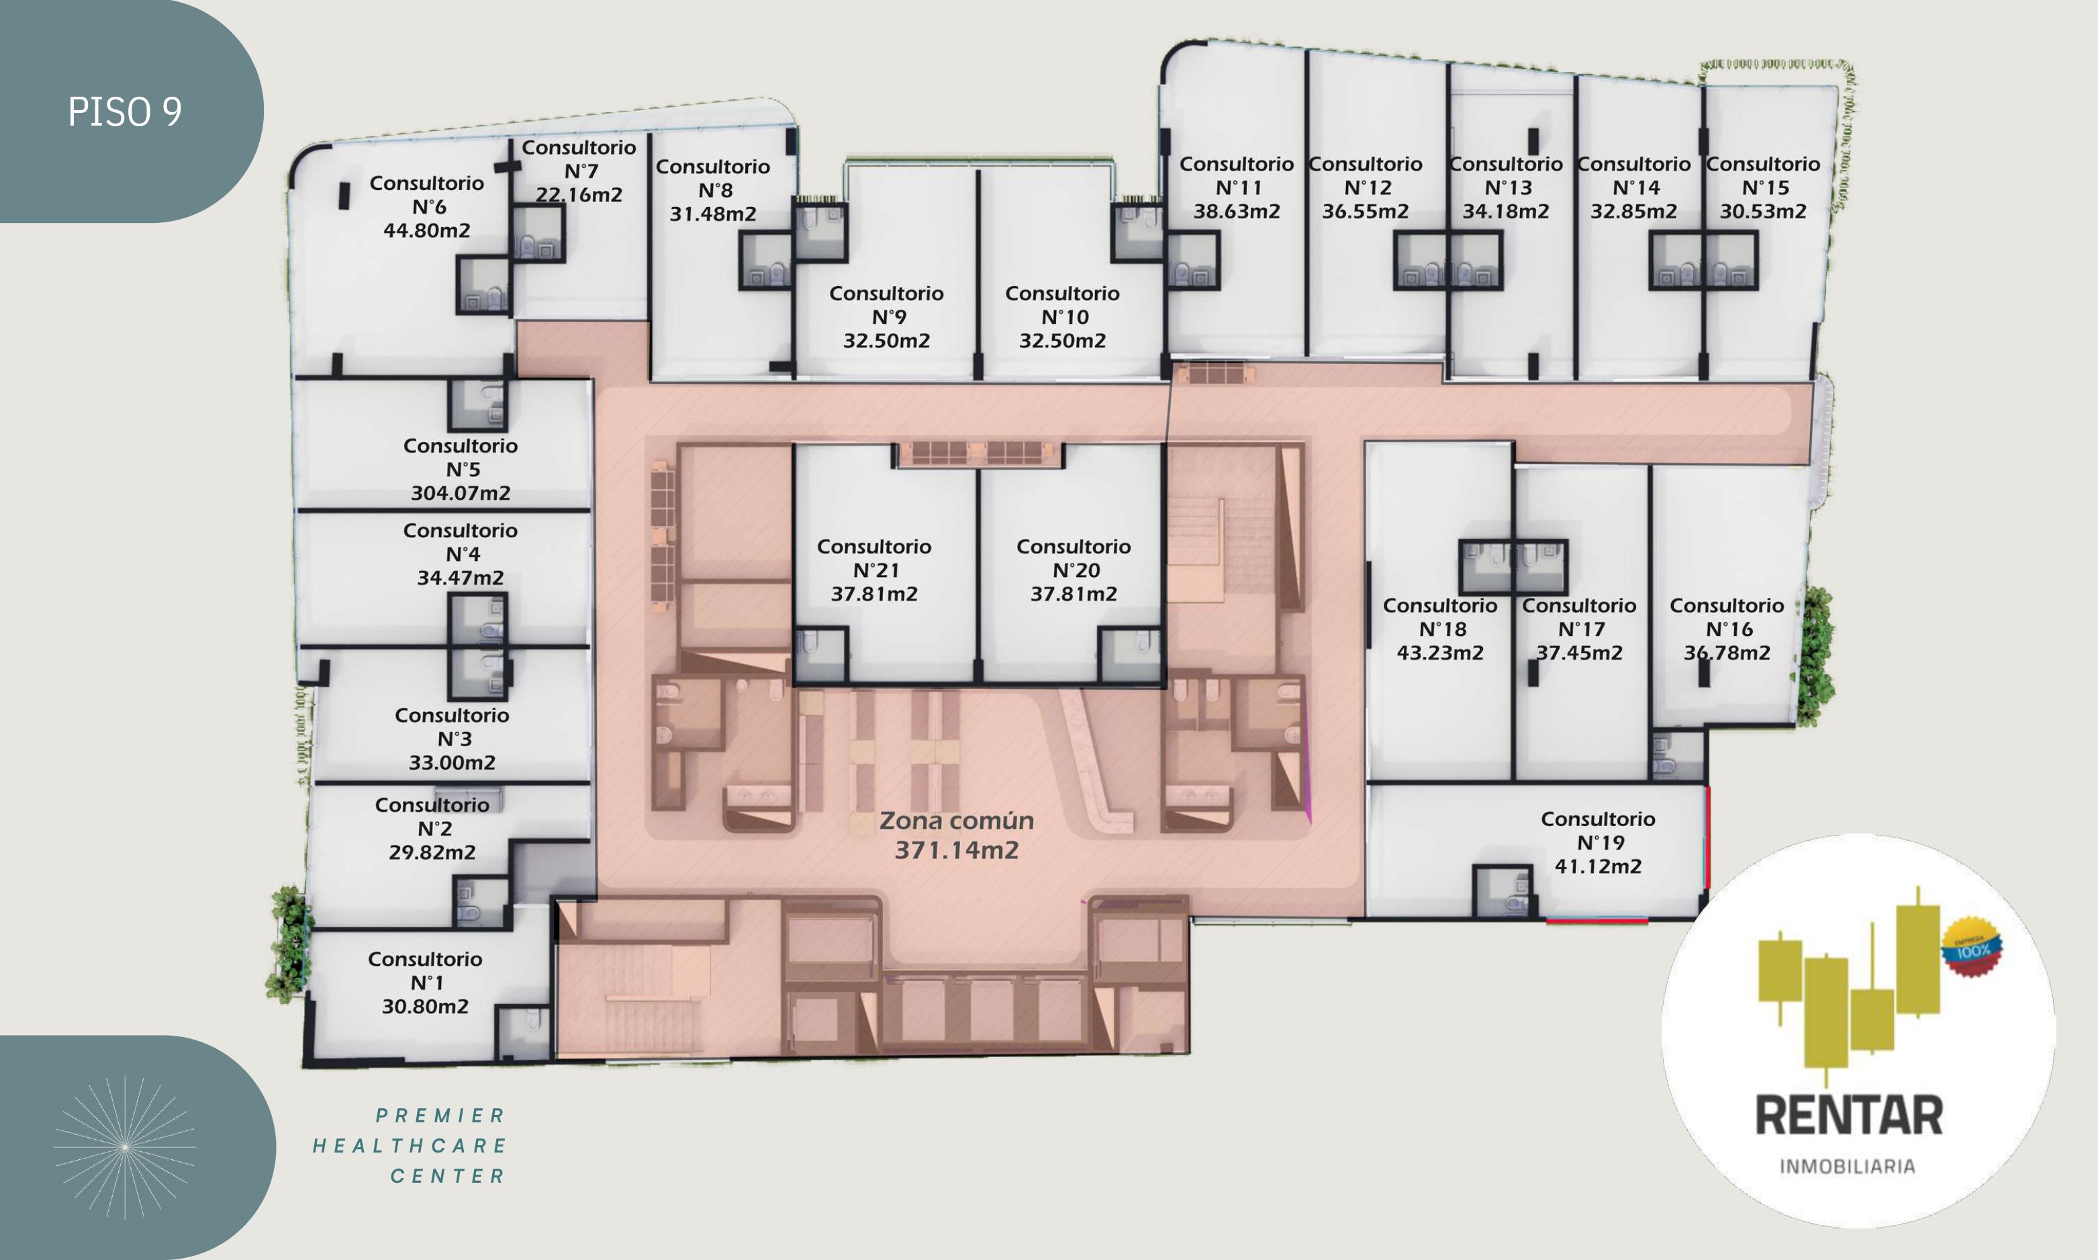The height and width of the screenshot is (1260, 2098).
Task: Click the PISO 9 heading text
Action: pos(125,112)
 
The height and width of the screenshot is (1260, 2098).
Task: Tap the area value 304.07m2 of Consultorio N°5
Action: pos(461,493)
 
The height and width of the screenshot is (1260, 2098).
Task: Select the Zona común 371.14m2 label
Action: pos(957,836)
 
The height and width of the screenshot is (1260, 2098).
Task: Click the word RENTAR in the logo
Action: pos(1848,1116)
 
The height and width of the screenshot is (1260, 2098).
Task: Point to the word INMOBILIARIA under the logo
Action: pos(1848,1167)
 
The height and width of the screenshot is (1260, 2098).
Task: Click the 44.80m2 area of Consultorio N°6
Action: pos(427,231)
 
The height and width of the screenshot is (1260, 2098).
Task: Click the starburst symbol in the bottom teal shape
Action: pos(125,1147)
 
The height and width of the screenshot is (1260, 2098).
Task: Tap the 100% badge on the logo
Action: pos(1972,948)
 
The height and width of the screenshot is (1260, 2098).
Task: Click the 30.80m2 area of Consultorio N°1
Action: pos(425,1007)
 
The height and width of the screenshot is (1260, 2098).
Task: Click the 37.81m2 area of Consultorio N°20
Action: pos(1074,594)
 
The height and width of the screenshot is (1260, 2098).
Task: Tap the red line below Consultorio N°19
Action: pos(1596,919)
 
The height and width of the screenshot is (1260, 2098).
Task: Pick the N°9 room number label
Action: pos(889,318)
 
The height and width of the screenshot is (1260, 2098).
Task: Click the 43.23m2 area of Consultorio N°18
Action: pos(1440,653)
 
